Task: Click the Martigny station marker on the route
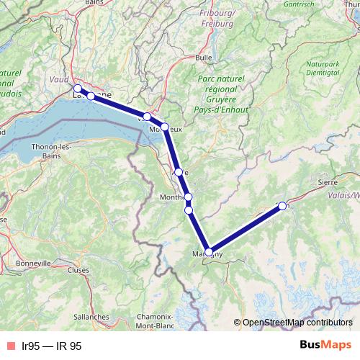pos(209,252)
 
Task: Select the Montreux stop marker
pos(165,127)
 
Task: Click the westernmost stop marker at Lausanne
pos(78,89)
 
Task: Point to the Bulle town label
pos(204,57)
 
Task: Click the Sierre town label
pos(328,183)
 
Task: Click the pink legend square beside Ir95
pos(9,346)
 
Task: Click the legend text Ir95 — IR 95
pos(52,346)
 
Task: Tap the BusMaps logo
pos(325,345)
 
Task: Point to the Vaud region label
pos(60,80)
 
